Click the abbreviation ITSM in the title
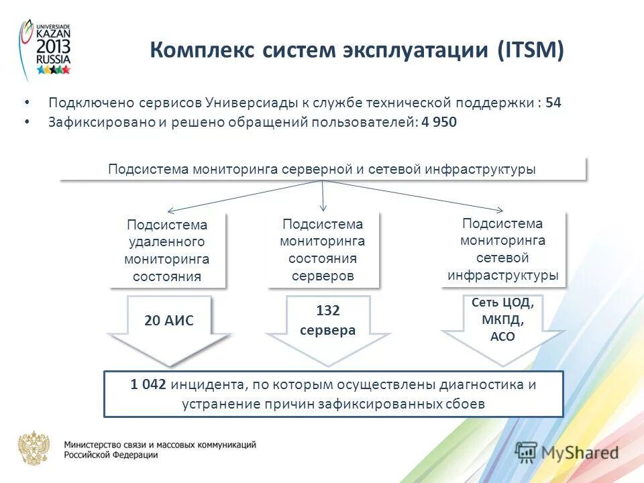click(x=529, y=52)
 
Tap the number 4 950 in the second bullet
click(x=440, y=123)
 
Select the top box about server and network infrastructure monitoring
click(x=322, y=170)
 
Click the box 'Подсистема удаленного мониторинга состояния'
click(x=167, y=250)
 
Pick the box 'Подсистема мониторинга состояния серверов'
click(x=323, y=250)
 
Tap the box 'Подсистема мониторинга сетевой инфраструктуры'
click(x=502, y=249)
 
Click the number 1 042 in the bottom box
click(x=149, y=385)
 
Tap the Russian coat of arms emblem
click(x=34, y=448)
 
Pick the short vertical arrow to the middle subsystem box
click(x=323, y=196)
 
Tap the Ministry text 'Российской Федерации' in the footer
click(x=111, y=455)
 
